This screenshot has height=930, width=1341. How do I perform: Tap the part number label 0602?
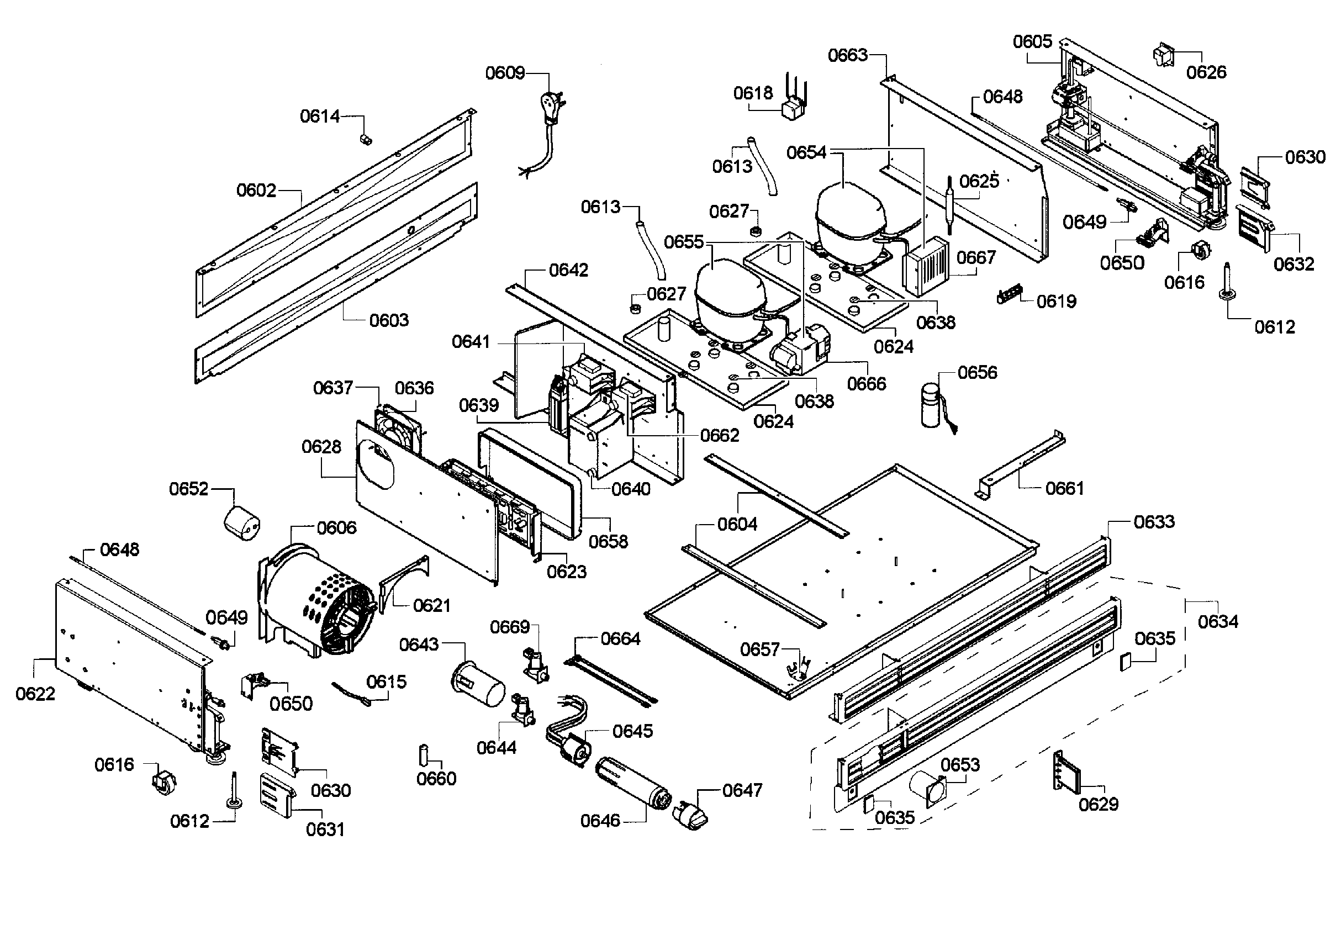click(x=256, y=191)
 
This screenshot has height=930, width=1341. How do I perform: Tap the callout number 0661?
click(x=1064, y=488)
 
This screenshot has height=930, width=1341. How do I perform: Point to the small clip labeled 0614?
click(x=365, y=140)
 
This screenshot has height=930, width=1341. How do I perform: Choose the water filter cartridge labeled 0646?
click(x=633, y=782)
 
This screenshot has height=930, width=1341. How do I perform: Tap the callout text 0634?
click(x=1217, y=622)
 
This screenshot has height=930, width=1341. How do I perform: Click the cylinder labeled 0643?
click(x=478, y=684)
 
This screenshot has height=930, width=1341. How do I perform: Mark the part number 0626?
click(x=1206, y=72)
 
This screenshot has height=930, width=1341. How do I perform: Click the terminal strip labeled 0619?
click(x=1010, y=295)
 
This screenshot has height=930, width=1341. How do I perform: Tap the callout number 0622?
click(x=35, y=694)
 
